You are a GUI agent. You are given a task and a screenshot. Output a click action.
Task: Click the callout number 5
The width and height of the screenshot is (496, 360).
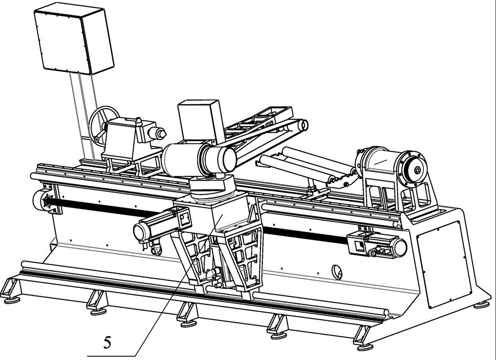[x=107, y=342]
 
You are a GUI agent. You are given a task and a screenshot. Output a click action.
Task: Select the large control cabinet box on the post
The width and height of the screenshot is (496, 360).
[x=74, y=40]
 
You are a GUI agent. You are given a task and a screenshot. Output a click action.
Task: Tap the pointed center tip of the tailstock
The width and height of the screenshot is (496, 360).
[x=164, y=134]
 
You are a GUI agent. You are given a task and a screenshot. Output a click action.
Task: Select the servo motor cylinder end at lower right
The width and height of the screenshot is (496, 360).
[x=400, y=247]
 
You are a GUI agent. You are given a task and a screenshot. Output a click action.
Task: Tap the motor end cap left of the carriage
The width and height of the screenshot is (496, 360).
[x=139, y=232]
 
